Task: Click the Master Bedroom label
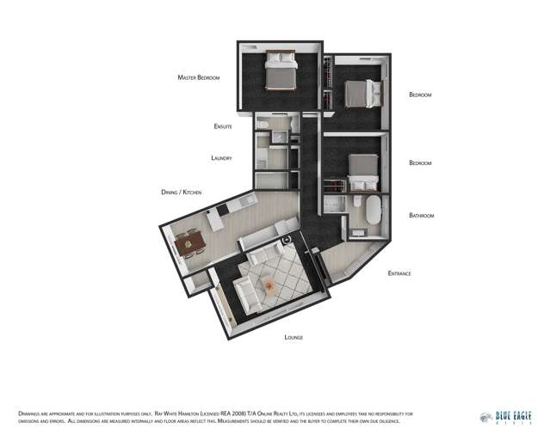(199, 77)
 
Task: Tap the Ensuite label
(223, 126)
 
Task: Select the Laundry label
(221, 158)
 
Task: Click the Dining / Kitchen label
(181, 192)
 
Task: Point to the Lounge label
(294, 337)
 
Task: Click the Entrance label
(399, 273)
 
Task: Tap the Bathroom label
(421, 215)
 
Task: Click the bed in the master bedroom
(281, 72)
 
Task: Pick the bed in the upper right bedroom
(359, 90)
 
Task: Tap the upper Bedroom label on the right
(420, 95)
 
